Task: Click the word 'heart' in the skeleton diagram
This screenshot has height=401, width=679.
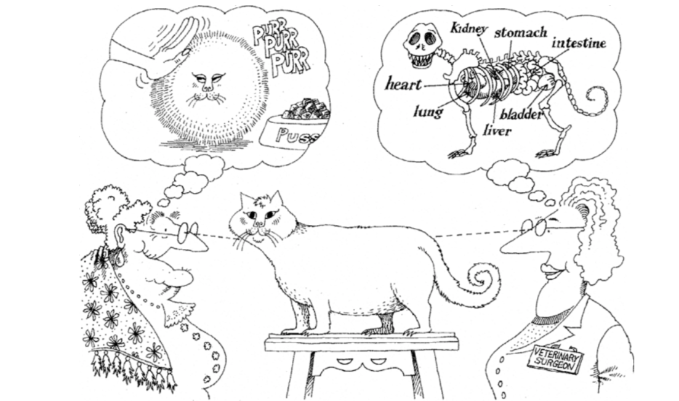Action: coord(403,84)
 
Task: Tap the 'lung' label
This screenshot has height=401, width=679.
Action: coord(428,112)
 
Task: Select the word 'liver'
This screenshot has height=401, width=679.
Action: coord(497,130)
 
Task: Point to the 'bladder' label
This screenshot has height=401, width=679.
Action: coord(521,115)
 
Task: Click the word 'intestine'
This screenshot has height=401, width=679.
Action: coord(579,43)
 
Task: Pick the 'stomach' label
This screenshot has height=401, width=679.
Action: coord(521,32)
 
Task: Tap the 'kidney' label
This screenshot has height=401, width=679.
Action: coord(468,28)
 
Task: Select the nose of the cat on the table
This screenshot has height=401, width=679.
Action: coord(258,223)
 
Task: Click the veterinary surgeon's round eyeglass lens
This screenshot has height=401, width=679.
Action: coord(539,227)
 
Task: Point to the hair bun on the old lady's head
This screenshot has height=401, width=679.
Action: coord(105,205)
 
